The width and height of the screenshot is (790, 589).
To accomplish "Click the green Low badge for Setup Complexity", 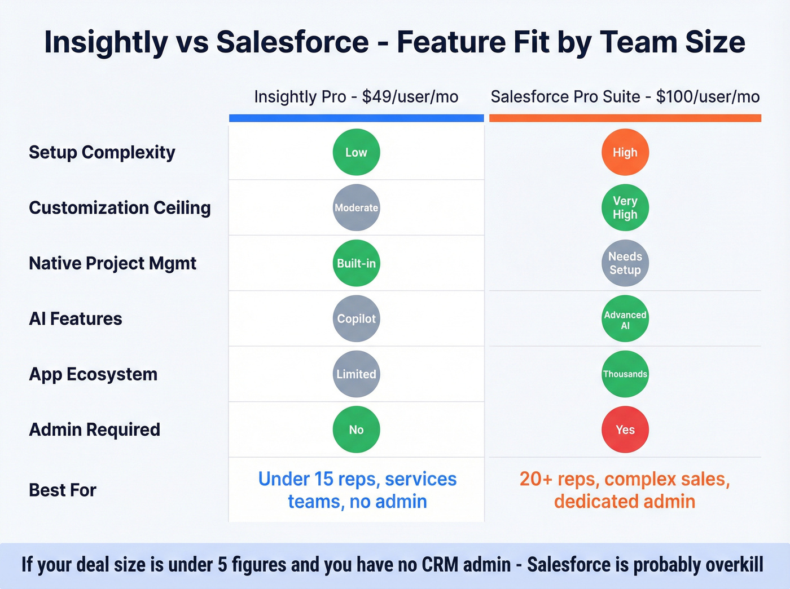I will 356,152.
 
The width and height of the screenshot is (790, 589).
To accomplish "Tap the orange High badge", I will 625,152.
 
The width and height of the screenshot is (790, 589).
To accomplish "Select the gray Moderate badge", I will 356,207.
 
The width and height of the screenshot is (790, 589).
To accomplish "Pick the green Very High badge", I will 625,207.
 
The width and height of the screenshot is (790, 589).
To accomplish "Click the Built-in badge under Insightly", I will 356,263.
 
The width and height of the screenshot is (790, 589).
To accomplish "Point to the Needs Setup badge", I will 625,263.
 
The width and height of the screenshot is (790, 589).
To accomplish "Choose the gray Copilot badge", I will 356,318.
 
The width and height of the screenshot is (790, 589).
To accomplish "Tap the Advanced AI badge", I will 625,318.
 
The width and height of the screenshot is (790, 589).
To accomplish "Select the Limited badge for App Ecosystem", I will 356,374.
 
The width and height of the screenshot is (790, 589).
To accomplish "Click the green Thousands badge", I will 625,374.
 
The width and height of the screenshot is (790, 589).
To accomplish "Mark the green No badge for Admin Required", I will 356,429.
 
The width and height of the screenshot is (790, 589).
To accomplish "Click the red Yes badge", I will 625,429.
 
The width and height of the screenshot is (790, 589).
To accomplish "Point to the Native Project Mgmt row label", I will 112,263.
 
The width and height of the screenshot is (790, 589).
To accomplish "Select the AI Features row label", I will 75,319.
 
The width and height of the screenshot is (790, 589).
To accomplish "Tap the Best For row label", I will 62,490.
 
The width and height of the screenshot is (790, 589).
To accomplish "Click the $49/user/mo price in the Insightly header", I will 410,97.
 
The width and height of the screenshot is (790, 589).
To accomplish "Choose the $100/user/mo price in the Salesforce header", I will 708,97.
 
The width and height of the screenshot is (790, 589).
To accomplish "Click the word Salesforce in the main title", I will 292,42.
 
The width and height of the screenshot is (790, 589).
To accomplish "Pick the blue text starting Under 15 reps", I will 357,490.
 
